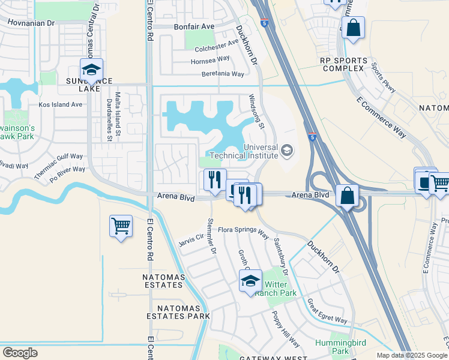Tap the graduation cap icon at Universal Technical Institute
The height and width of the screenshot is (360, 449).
(288, 149)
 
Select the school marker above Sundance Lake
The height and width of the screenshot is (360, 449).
(91, 70)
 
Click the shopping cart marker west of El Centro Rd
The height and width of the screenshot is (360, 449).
(121, 227)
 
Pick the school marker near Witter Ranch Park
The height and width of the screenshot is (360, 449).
(250, 280)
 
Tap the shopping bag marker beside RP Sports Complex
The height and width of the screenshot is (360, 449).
(353, 28)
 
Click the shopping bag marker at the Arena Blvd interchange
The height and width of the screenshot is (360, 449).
(348, 196)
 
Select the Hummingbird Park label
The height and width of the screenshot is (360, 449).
(333, 346)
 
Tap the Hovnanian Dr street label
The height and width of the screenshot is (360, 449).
(31, 23)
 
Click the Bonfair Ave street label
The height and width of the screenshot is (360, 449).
(194, 27)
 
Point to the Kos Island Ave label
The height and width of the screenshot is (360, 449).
(60, 104)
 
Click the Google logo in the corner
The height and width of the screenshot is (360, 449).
(20, 353)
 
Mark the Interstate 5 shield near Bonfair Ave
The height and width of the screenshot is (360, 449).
(264, 23)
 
